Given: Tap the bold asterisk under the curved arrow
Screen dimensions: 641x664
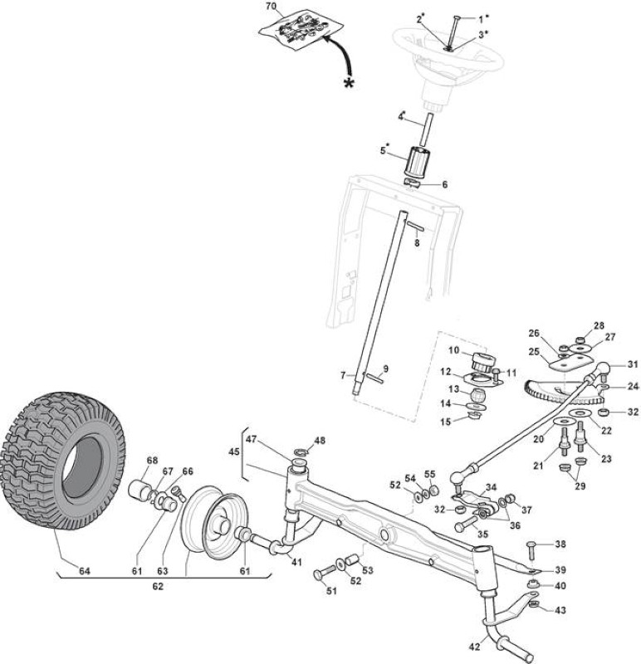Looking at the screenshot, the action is tap(349, 84).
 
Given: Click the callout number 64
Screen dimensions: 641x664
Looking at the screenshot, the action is tap(85, 571).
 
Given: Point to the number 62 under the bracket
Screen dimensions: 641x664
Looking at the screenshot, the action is tap(158, 586).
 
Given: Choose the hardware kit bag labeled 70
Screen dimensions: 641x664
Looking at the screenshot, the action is tap(301, 29).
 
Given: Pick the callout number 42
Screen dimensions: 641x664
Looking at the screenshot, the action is tap(474, 647).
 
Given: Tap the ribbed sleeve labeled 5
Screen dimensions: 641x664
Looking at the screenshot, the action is tap(417, 162).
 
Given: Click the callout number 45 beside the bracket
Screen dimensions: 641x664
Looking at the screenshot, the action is tap(234, 452).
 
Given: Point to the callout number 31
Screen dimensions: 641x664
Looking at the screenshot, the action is tap(633, 364).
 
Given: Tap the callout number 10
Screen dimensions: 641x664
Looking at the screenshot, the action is tap(453, 350).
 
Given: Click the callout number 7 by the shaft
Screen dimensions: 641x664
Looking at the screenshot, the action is tap(343, 375).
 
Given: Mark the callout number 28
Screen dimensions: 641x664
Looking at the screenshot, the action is tap(599, 325).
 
